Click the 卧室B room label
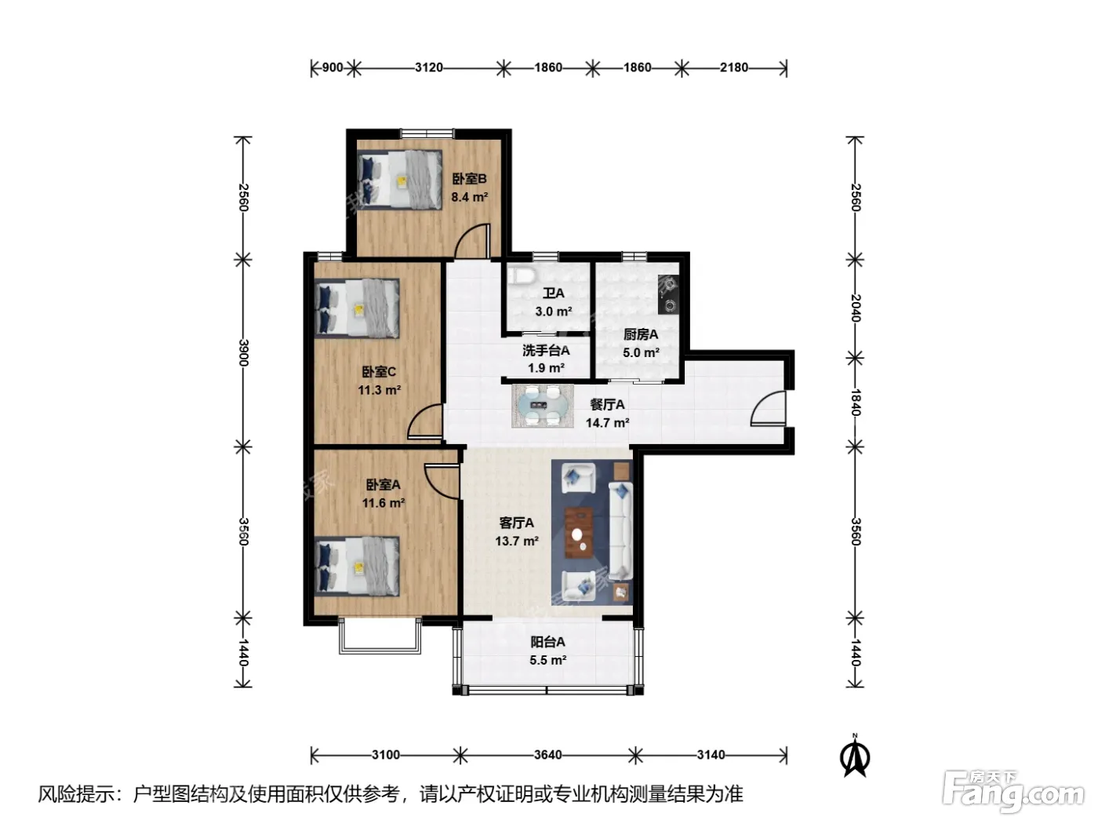[x=469, y=179]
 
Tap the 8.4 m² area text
[x=469, y=197]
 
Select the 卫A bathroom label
[x=553, y=294]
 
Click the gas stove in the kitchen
[x=668, y=294]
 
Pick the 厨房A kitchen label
[x=641, y=334]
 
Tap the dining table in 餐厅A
[x=542, y=406]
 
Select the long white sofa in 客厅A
[x=621, y=530]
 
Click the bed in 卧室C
[x=357, y=308]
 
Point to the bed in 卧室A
[x=357, y=567]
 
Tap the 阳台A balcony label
[x=547, y=641]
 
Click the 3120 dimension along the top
[x=429, y=67]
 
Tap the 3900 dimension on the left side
[x=243, y=352]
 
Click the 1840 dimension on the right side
[x=855, y=403]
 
